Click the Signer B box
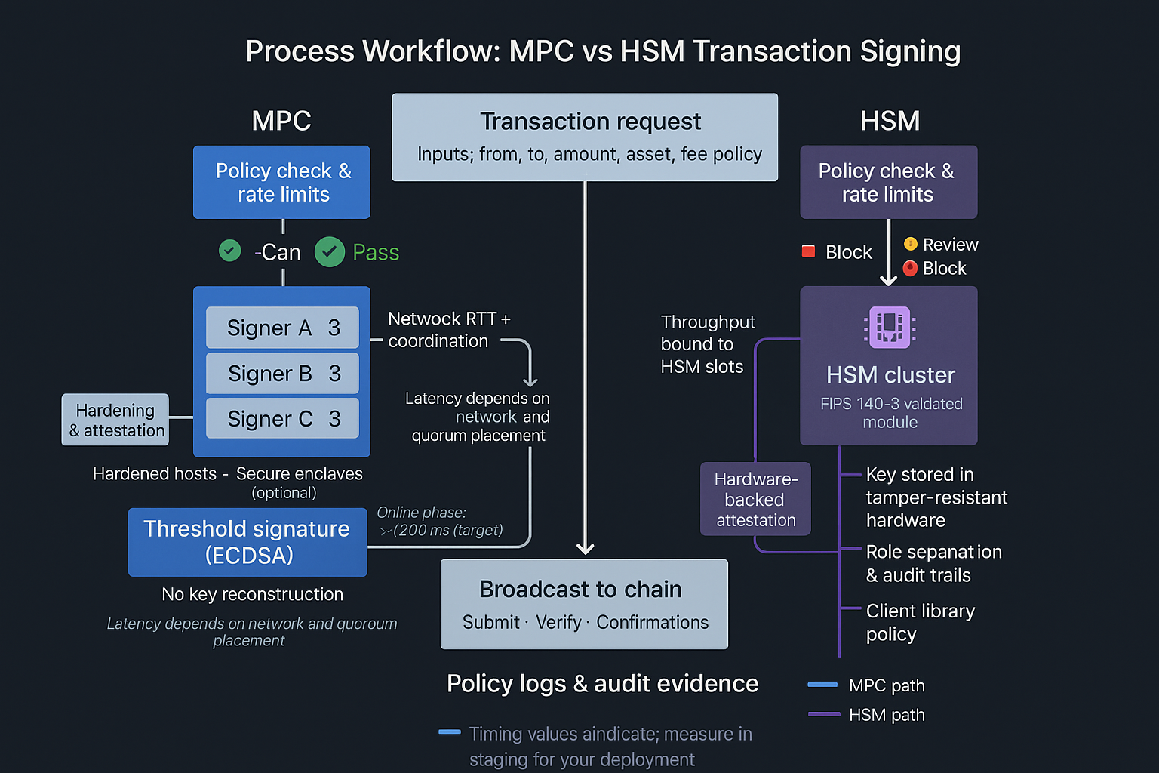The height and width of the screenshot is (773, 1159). (282, 374)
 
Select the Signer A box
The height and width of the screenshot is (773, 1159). (282, 328)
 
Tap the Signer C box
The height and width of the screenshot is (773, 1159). (282, 419)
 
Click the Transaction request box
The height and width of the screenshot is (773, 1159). (585, 137)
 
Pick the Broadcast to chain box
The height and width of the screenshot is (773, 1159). (584, 604)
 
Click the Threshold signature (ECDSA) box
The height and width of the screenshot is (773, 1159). (247, 542)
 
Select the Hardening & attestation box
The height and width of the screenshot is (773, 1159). (115, 420)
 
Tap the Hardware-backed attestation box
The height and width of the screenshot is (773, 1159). (755, 499)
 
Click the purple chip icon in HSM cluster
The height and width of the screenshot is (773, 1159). (890, 327)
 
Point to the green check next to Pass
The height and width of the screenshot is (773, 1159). (330, 252)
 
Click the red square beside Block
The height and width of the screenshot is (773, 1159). (808, 251)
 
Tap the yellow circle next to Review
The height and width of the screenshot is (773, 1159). (911, 244)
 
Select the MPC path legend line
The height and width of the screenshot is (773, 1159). (822, 685)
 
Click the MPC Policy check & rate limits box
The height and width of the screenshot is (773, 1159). (281, 182)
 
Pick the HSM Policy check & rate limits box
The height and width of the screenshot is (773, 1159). (888, 182)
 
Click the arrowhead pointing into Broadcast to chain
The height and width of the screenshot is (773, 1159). (585, 549)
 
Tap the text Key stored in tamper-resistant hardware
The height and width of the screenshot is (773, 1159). (936, 497)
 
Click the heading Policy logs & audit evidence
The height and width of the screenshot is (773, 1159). (602, 684)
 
